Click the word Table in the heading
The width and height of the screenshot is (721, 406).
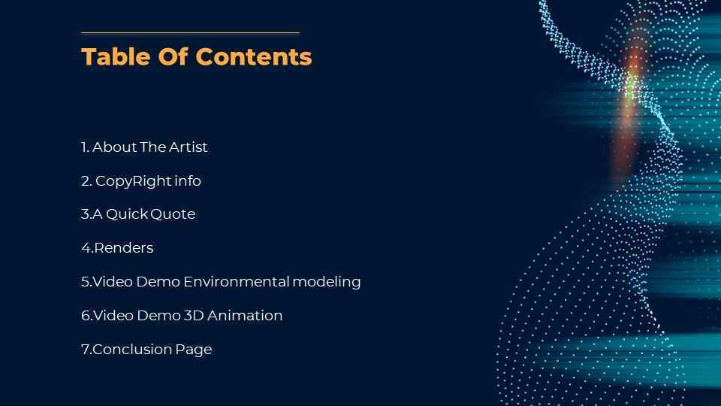[116, 57]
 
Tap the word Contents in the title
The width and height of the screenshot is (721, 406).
[254, 57]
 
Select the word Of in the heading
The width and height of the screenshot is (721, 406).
[173, 57]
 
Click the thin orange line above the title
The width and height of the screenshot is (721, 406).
[190, 32]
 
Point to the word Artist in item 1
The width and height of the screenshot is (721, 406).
[188, 147]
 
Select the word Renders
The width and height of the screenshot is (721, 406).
[124, 247]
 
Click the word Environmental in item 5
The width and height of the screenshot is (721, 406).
[237, 281]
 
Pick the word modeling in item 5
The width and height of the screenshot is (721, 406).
[327, 282]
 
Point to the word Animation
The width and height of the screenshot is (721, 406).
[245, 315]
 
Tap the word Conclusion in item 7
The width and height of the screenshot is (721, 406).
[132, 349]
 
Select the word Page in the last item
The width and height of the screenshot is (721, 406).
[194, 350]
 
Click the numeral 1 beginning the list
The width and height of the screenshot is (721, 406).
[84, 147]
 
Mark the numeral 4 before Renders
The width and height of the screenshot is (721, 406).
[86, 247]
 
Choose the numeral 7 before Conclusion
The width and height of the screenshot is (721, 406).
[86, 350]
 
